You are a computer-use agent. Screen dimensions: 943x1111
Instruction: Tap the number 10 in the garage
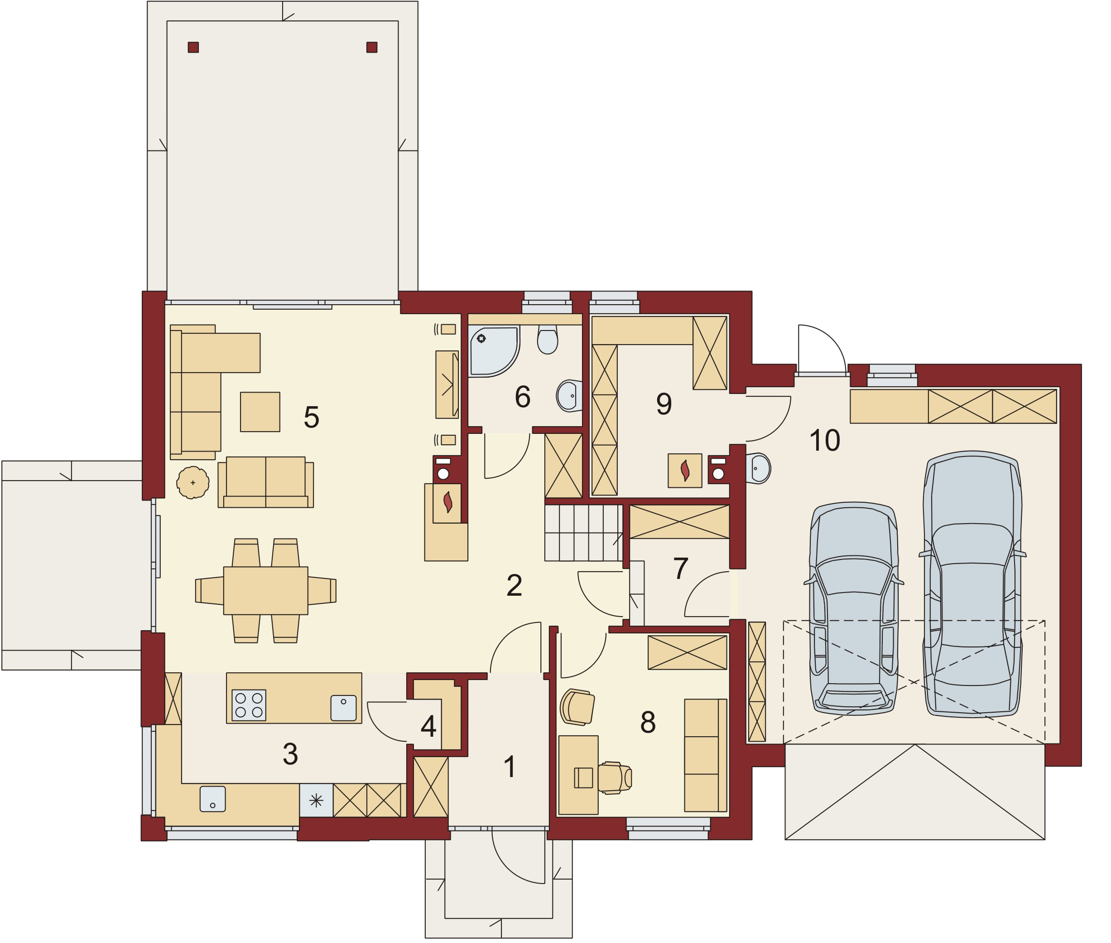[x=824, y=441]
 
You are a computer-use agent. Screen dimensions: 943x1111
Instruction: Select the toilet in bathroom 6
[x=547, y=340]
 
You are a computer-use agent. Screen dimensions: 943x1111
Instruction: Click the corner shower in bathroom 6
[x=492, y=351]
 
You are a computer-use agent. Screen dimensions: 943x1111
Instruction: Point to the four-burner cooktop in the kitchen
[x=249, y=705]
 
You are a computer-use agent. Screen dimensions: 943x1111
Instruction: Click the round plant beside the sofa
[x=193, y=483]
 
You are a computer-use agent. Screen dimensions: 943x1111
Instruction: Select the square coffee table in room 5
[x=260, y=412]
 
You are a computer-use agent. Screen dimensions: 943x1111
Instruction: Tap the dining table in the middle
[x=265, y=591]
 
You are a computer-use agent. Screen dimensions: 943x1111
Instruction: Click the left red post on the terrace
[x=193, y=48]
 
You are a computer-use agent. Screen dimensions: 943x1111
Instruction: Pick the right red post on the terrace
[x=372, y=48]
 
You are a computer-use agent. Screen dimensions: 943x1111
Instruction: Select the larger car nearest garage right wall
[x=972, y=585]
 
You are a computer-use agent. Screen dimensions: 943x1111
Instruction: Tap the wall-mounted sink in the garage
[x=759, y=469]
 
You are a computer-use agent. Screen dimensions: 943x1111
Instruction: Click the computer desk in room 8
[x=578, y=775]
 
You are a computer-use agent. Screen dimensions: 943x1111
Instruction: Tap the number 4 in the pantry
[x=428, y=726]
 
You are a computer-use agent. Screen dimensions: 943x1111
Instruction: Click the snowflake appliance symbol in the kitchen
[x=316, y=800]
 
